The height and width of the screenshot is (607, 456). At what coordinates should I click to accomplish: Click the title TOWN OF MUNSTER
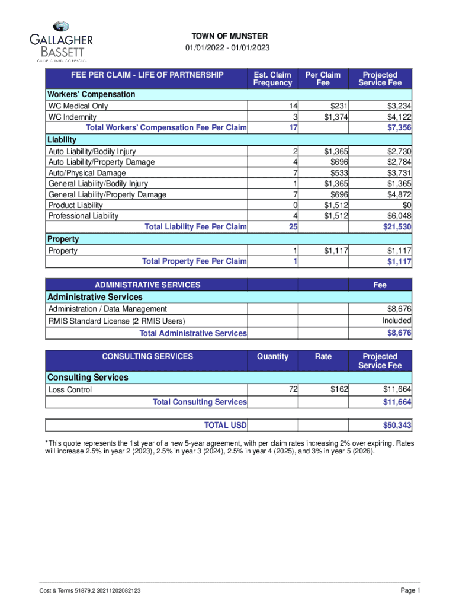coord(229,37)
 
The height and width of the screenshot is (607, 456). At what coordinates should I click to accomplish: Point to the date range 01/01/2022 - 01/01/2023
coord(229,49)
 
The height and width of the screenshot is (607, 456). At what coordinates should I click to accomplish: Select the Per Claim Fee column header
coord(323,79)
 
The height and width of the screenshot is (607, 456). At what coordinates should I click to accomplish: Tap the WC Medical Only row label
coord(78,106)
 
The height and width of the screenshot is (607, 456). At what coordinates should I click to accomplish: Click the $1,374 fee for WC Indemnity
coord(336,117)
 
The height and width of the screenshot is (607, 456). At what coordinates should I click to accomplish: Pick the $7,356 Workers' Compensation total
coord(399,128)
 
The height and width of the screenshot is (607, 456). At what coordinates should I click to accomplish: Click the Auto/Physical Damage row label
coord(87,173)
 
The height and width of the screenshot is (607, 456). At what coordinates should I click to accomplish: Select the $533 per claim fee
coord(339,173)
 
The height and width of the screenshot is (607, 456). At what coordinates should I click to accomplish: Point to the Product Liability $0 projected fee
coord(406,205)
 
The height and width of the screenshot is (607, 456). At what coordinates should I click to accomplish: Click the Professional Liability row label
coord(83,216)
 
